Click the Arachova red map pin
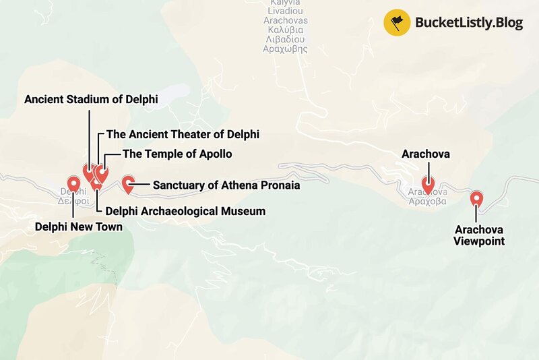[x=427, y=184]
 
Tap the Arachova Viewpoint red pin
[x=476, y=198]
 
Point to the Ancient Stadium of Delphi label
[x=91, y=100]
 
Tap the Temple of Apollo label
[x=177, y=154]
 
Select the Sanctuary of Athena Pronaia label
[x=226, y=185]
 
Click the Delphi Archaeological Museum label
[x=185, y=211]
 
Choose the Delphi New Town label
[x=79, y=227]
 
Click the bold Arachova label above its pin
[x=426, y=154]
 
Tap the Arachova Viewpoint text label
[x=478, y=235]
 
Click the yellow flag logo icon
[x=397, y=22]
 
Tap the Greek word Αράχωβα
[x=427, y=201]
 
